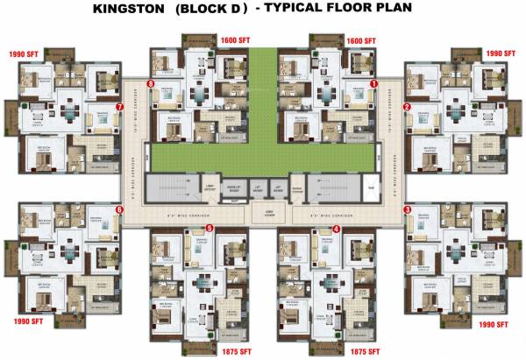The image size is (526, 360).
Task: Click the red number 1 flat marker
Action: [373, 84]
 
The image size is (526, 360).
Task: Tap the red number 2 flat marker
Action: [407, 107]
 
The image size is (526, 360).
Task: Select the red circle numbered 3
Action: [407, 210]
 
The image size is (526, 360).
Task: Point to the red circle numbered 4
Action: [337, 229]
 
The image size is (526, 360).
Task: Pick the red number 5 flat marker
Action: [209, 229]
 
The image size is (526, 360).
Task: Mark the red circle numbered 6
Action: [119, 210]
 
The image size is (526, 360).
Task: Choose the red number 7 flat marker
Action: [119, 107]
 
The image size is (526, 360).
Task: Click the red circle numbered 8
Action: [152, 84]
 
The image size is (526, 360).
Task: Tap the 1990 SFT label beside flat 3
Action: [494, 324]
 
